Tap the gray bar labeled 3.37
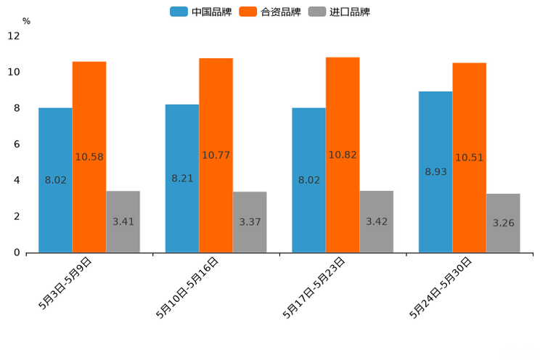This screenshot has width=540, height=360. (250, 222)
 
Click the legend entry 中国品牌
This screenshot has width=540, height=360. (201, 12)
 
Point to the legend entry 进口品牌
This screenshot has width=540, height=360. (340, 12)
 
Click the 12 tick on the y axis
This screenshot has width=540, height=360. (14, 36)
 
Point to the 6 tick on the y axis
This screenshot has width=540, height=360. (17, 144)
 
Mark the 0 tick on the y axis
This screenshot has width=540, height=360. (17, 253)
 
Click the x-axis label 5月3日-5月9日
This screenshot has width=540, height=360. (65, 283)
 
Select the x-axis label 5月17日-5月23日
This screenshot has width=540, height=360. (314, 287)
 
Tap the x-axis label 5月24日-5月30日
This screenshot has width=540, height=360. (441, 287)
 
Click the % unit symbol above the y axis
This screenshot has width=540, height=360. (26, 21)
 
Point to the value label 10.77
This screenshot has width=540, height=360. (216, 155)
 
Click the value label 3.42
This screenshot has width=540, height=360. (377, 221)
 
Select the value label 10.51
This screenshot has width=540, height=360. (470, 157)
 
